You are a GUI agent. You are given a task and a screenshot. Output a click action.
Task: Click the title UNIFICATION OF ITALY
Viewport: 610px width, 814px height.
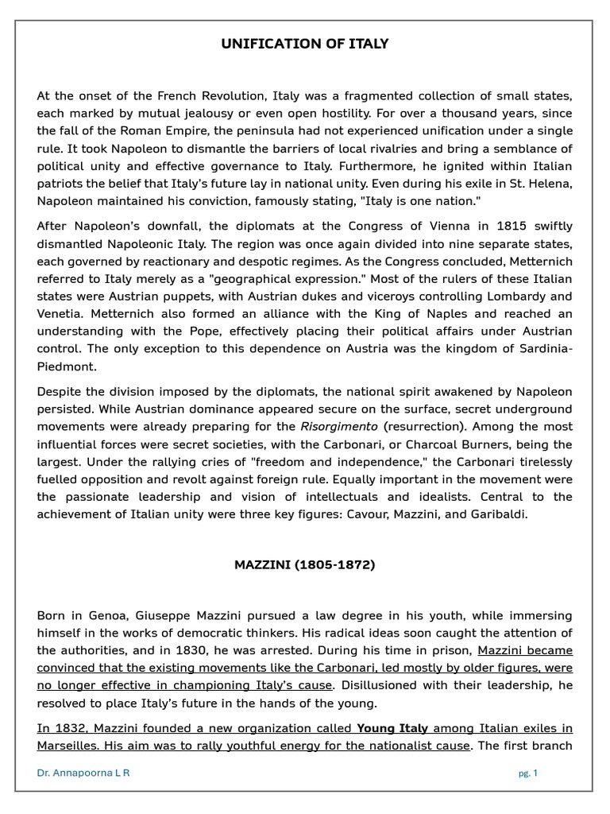click(x=305, y=44)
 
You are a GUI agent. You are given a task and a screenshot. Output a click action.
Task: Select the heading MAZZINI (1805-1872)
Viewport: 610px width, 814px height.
click(x=305, y=565)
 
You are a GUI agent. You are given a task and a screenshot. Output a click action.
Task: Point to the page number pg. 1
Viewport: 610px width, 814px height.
click(x=528, y=773)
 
